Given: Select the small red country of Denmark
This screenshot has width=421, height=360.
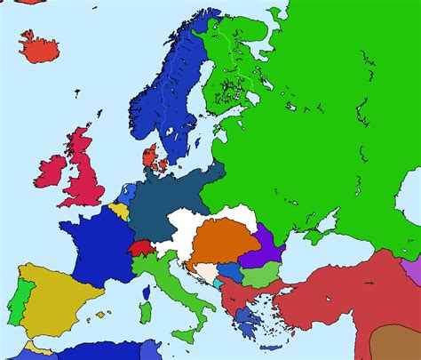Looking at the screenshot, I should tap(152, 159).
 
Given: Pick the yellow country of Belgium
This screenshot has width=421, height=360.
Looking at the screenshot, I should tap(119, 212).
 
